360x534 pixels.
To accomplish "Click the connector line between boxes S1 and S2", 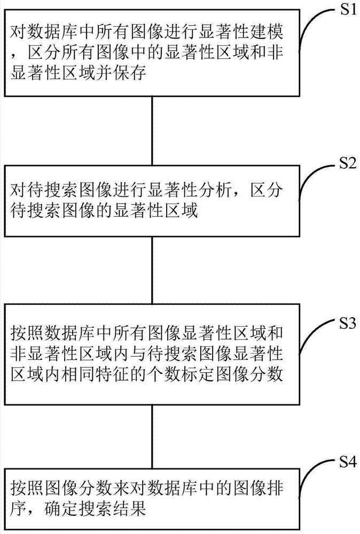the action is (152, 131).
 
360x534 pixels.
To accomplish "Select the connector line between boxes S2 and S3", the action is (152, 270).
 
